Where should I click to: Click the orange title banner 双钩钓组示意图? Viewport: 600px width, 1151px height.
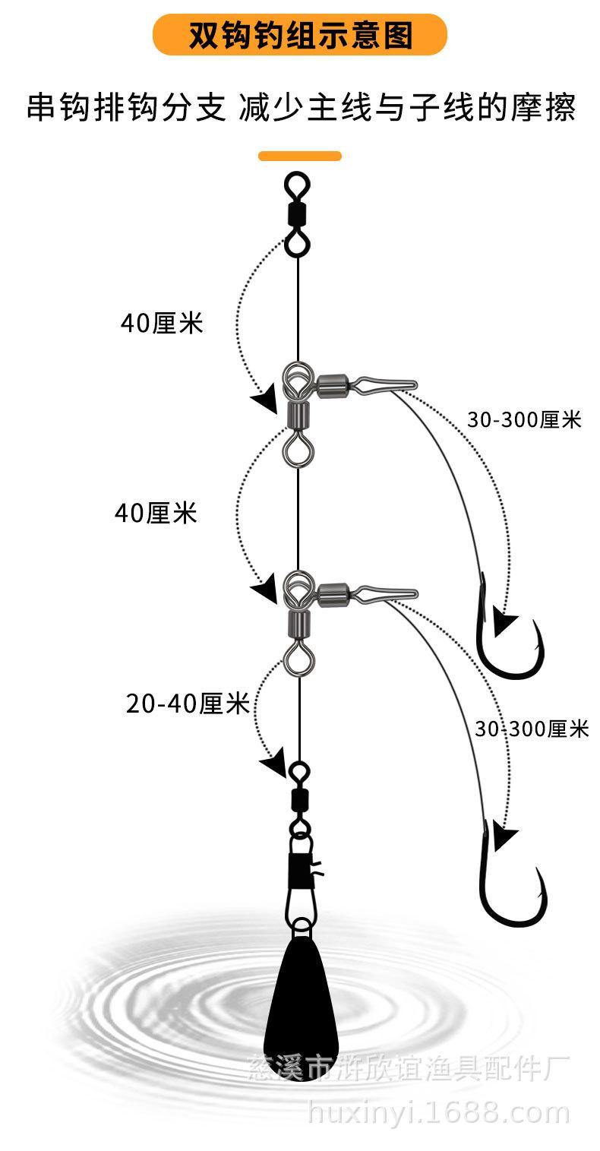300,35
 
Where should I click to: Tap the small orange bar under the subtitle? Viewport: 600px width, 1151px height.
300,156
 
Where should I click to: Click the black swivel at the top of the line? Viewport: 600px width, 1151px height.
296,213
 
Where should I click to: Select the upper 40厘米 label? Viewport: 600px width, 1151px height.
162,324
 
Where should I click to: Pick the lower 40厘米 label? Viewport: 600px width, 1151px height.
156,514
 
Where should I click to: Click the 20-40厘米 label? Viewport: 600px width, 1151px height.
188,704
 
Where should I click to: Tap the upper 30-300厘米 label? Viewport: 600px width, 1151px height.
524,419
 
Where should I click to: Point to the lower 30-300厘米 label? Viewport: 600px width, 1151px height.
532,729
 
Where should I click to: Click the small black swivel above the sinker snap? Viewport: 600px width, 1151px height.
298,798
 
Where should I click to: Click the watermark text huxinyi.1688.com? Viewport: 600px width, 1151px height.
438,1113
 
